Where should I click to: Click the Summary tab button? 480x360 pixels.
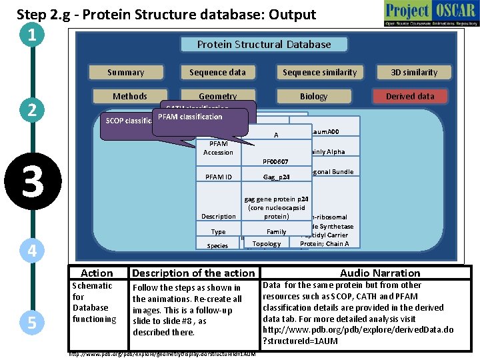pos(125,72)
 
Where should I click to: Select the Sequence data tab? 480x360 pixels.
pos(217,72)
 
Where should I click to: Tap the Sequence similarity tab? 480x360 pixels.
pos(319,72)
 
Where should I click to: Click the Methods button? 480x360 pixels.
pos(130,96)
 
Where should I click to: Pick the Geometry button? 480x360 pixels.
pos(217,96)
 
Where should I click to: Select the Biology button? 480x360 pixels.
pos(313,96)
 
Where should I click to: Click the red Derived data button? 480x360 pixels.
pos(410,96)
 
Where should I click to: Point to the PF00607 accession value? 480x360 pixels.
pos(275,161)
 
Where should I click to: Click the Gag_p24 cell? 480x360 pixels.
pos(275,177)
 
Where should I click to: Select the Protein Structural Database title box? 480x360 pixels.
pos(264,45)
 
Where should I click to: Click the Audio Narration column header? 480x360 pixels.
pos(380,273)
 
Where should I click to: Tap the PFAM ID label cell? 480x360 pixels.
pos(219,177)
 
